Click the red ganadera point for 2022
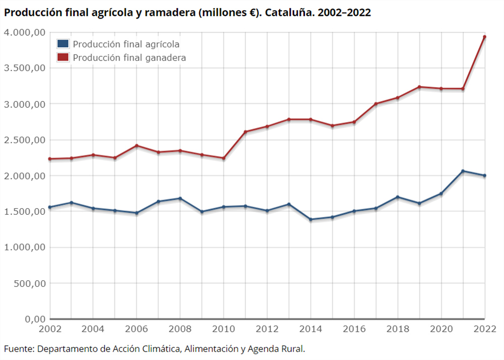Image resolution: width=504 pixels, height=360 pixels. (484, 37)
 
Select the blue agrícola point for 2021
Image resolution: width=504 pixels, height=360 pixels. (463, 171)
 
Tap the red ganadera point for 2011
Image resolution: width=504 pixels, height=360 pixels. (245, 132)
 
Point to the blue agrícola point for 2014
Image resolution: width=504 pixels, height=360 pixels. (310, 219)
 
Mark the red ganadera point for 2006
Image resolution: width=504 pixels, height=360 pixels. (136, 146)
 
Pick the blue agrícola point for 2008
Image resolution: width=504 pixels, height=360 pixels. (180, 198)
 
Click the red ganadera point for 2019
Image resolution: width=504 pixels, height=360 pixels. (419, 87)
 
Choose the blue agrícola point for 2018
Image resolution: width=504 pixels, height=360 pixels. (398, 197)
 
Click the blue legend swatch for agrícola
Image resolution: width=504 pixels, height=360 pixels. (63, 44)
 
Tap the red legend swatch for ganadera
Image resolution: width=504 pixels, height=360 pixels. (63, 57)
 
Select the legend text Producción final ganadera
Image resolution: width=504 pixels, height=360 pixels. (130, 57)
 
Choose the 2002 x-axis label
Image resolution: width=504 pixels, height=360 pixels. (49, 329)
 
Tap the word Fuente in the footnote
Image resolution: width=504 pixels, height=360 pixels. (18, 349)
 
